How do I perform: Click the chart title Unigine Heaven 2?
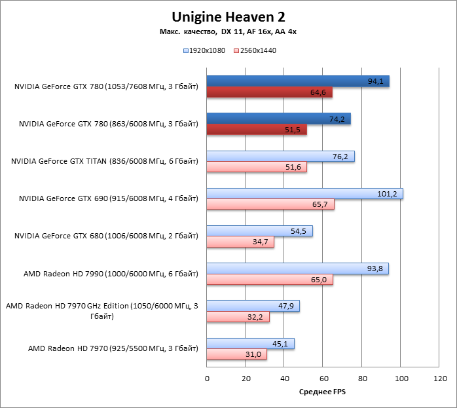tap(228, 16)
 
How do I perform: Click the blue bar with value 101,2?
tap(304, 194)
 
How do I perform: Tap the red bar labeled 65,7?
tap(270, 204)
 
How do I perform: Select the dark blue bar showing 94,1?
tap(298, 81)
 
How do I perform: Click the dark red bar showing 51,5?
tap(257, 130)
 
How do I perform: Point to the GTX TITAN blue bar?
tap(280, 156)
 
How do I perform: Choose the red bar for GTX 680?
tap(240, 242)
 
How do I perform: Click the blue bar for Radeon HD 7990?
tap(297, 269)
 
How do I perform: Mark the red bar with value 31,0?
tap(236, 354)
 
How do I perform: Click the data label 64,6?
tap(318, 92)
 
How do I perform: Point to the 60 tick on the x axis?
tap(323, 379)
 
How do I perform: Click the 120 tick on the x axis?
tap(440, 379)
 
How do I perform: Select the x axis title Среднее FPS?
tap(323, 392)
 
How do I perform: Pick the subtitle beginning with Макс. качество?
tap(228, 31)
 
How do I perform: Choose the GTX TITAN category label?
tap(105, 161)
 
